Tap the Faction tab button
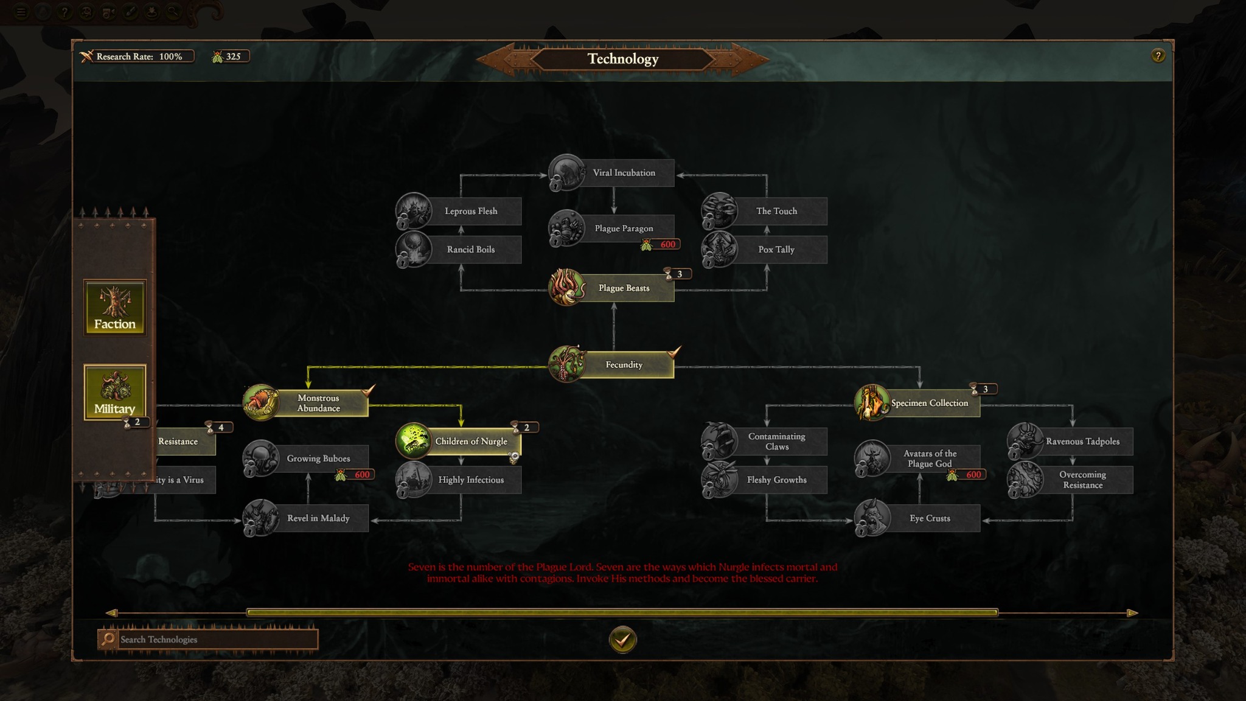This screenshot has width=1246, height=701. point(115,308)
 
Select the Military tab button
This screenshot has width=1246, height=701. point(115,392)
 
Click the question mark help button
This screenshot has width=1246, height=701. point(1158,56)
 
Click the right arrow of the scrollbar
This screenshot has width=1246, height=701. point(1132,613)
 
